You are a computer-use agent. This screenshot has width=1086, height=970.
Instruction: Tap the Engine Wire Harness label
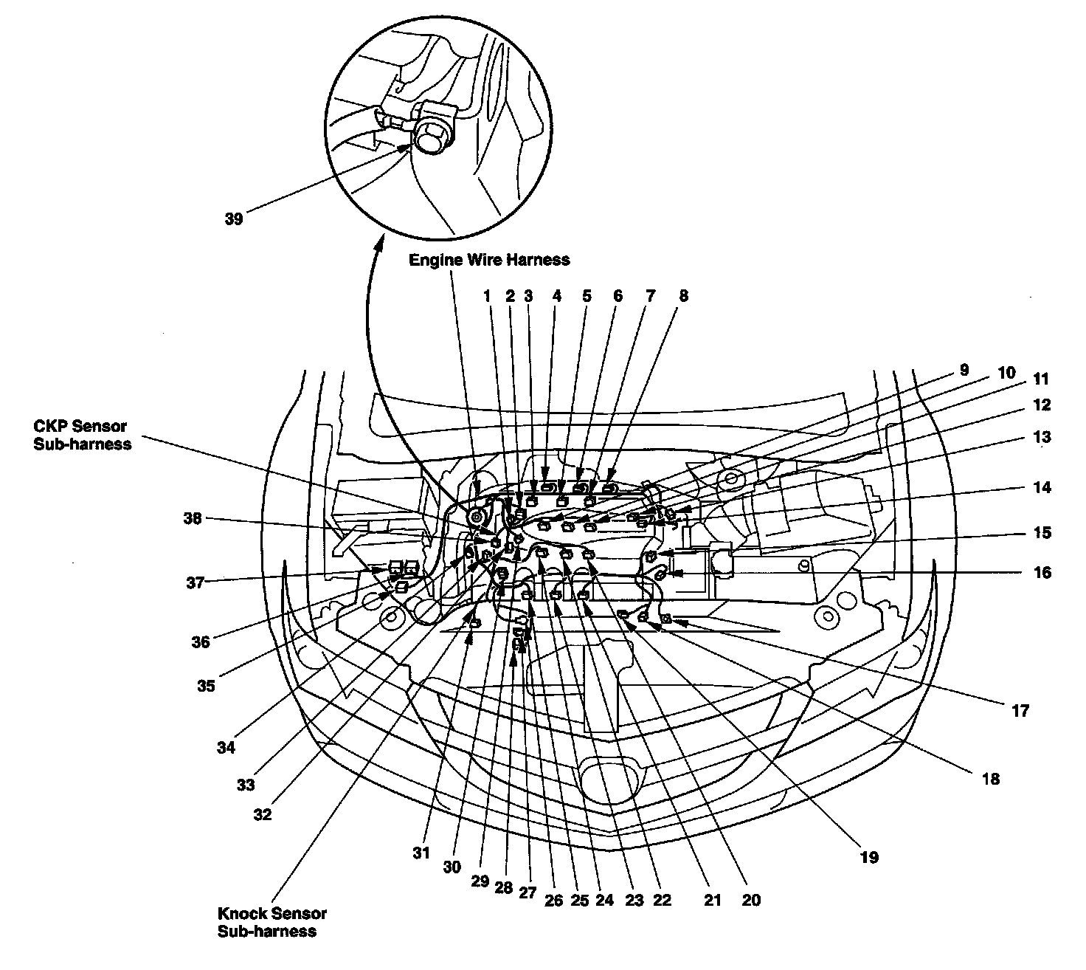tap(489, 260)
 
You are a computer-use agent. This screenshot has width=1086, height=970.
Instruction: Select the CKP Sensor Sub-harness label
tap(80, 436)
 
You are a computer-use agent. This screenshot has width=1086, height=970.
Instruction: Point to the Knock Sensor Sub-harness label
tap(272, 922)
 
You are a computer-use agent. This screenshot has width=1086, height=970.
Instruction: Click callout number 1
tap(487, 296)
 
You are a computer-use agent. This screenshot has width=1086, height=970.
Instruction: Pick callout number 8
tap(684, 296)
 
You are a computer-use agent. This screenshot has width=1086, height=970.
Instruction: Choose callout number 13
tap(1042, 437)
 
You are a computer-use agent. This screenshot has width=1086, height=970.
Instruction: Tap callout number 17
tap(1020, 712)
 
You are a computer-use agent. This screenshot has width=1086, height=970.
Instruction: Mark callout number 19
tap(870, 858)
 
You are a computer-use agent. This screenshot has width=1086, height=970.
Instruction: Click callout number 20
tap(751, 900)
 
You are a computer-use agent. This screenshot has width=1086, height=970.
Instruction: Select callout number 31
tap(421, 853)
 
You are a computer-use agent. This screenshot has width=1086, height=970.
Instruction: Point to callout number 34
tap(226, 748)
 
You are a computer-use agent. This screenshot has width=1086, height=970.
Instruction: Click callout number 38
tap(193, 518)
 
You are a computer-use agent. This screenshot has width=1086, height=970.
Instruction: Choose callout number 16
tap(1042, 572)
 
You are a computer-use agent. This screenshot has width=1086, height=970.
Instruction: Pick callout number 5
tap(587, 296)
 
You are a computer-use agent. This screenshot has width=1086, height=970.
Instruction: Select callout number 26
tap(553, 900)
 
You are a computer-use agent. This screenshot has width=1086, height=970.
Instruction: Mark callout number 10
tap(1006, 373)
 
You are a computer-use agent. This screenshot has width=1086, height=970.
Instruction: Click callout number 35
tap(206, 686)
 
